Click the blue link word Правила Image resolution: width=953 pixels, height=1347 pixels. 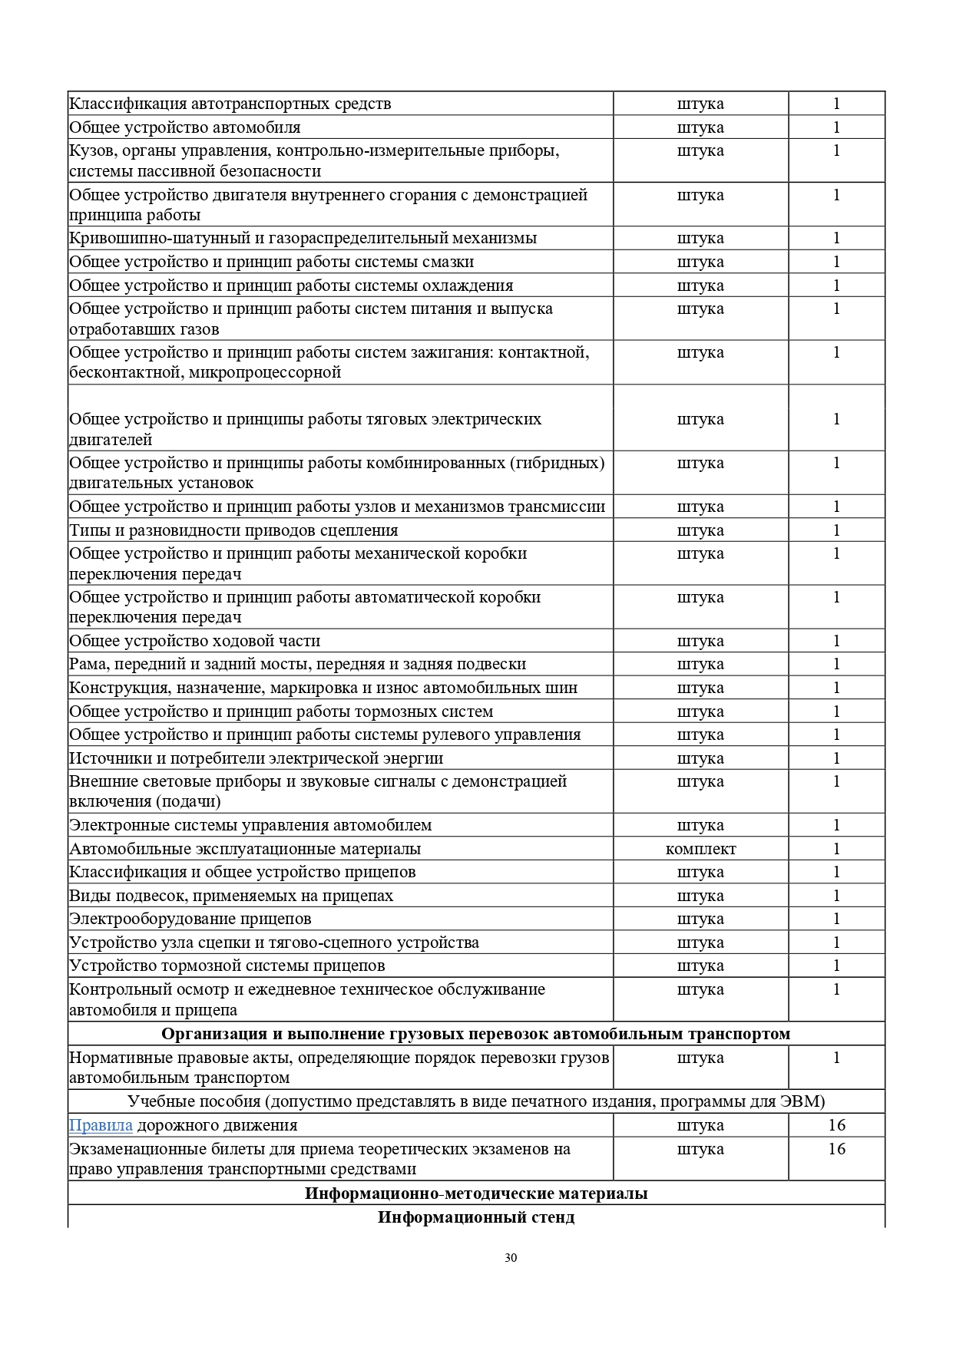click(x=101, y=1125)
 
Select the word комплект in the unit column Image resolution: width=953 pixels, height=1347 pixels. click(x=700, y=849)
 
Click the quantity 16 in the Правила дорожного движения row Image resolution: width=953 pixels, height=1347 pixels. click(x=836, y=1125)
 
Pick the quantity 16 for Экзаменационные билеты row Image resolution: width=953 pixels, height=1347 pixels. click(x=836, y=1149)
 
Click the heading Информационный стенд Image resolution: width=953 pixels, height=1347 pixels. click(x=476, y=1217)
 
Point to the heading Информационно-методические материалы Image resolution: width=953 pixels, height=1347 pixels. click(x=476, y=1193)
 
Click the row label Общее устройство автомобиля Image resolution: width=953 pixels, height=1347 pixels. click(x=185, y=127)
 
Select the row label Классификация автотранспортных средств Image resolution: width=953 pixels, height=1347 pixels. click(x=230, y=104)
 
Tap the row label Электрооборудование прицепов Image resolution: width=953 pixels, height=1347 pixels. click(x=190, y=919)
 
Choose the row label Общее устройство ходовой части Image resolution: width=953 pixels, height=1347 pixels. click(x=195, y=641)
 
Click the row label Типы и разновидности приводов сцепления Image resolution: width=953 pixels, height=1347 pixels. click(x=233, y=530)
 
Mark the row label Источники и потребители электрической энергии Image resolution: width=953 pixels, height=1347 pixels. click(x=256, y=758)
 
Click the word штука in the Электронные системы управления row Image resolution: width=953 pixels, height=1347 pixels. click(x=700, y=825)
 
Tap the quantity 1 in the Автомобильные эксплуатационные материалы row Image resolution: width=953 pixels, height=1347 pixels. click(x=836, y=849)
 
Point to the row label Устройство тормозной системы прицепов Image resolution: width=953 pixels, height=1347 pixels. click(x=227, y=966)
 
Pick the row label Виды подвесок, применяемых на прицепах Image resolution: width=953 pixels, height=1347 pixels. click(x=231, y=896)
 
